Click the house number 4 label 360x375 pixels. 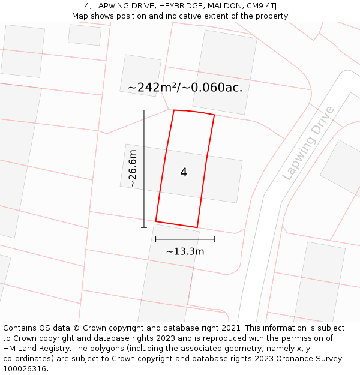pyautogui.click(x=184, y=173)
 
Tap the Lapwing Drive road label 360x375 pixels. pyautogui.click(x=308, y=143)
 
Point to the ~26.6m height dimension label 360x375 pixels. pyautogui.click(x=133, y=169)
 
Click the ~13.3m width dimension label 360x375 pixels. pyautogui.click(x=185, y=251)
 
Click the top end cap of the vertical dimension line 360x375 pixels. pyautogui.click(x=144, y=110)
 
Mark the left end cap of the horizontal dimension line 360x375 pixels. pyautogui.click(x=155, y=239)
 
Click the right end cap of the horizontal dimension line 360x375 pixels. pyautogui.click(x=214, y=239)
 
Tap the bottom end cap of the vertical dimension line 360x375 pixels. pyautogui.click(x=144, y=227)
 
